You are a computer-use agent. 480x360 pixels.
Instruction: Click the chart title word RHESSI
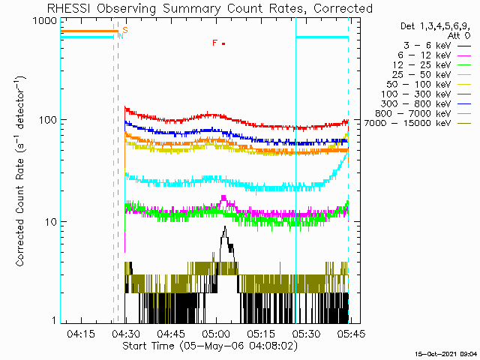[x=68, y=8]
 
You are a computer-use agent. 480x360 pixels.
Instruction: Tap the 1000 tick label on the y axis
[x=45, y=20]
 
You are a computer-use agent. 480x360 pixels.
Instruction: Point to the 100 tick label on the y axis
[x=48, y=120]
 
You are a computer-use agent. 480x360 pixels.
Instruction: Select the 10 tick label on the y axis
[x=51, y=222]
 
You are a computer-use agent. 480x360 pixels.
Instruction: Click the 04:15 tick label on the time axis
[x=81, y=333]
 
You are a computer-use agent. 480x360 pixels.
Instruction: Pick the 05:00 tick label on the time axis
[x=217, y=333]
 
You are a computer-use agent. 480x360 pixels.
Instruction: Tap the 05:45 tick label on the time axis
[x=352, y=333]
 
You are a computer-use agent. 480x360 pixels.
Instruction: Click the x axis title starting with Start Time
[x=210, y=346]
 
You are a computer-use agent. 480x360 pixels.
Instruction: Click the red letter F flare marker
[x=215, y=43]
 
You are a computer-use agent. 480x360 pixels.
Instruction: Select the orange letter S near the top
[x=125, y=30]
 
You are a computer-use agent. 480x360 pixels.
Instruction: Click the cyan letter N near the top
[x=121, y=36]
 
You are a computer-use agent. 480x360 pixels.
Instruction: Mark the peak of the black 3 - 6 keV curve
[x=225, y=226]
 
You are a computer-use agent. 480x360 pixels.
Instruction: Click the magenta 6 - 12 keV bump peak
[x=223, y=196]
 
